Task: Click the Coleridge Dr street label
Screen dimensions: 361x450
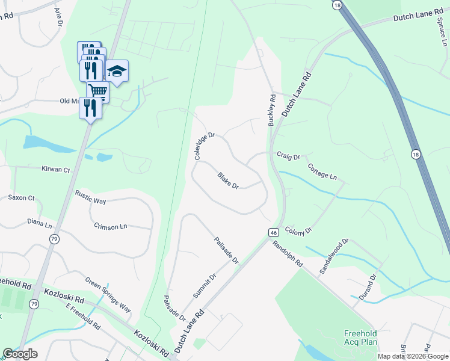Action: tap(205, 146)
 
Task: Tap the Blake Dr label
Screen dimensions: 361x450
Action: tap(228, 181)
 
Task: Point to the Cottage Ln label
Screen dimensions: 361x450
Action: tap(322, 171)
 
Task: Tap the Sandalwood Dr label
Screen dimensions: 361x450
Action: tap(334, 256)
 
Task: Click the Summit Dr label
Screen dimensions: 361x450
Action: tap(205, 286)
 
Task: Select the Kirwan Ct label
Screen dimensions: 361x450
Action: tap(56, 170)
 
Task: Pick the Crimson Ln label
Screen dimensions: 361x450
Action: tap(111, 226)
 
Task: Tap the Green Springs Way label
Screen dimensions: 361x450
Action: tap(108, 295)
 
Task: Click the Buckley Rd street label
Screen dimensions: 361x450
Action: tap(272, 110)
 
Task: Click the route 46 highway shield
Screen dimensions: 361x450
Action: tap(273, 232)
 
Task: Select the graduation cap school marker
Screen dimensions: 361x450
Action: tap(117, 72)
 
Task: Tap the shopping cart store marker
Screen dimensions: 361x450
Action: tap(97, 91)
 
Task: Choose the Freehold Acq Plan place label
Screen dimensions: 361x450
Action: tap(360, 338)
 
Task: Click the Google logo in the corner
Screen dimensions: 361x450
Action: tap(20, 354)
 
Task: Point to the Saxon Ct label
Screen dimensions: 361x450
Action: tap(21, 197)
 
